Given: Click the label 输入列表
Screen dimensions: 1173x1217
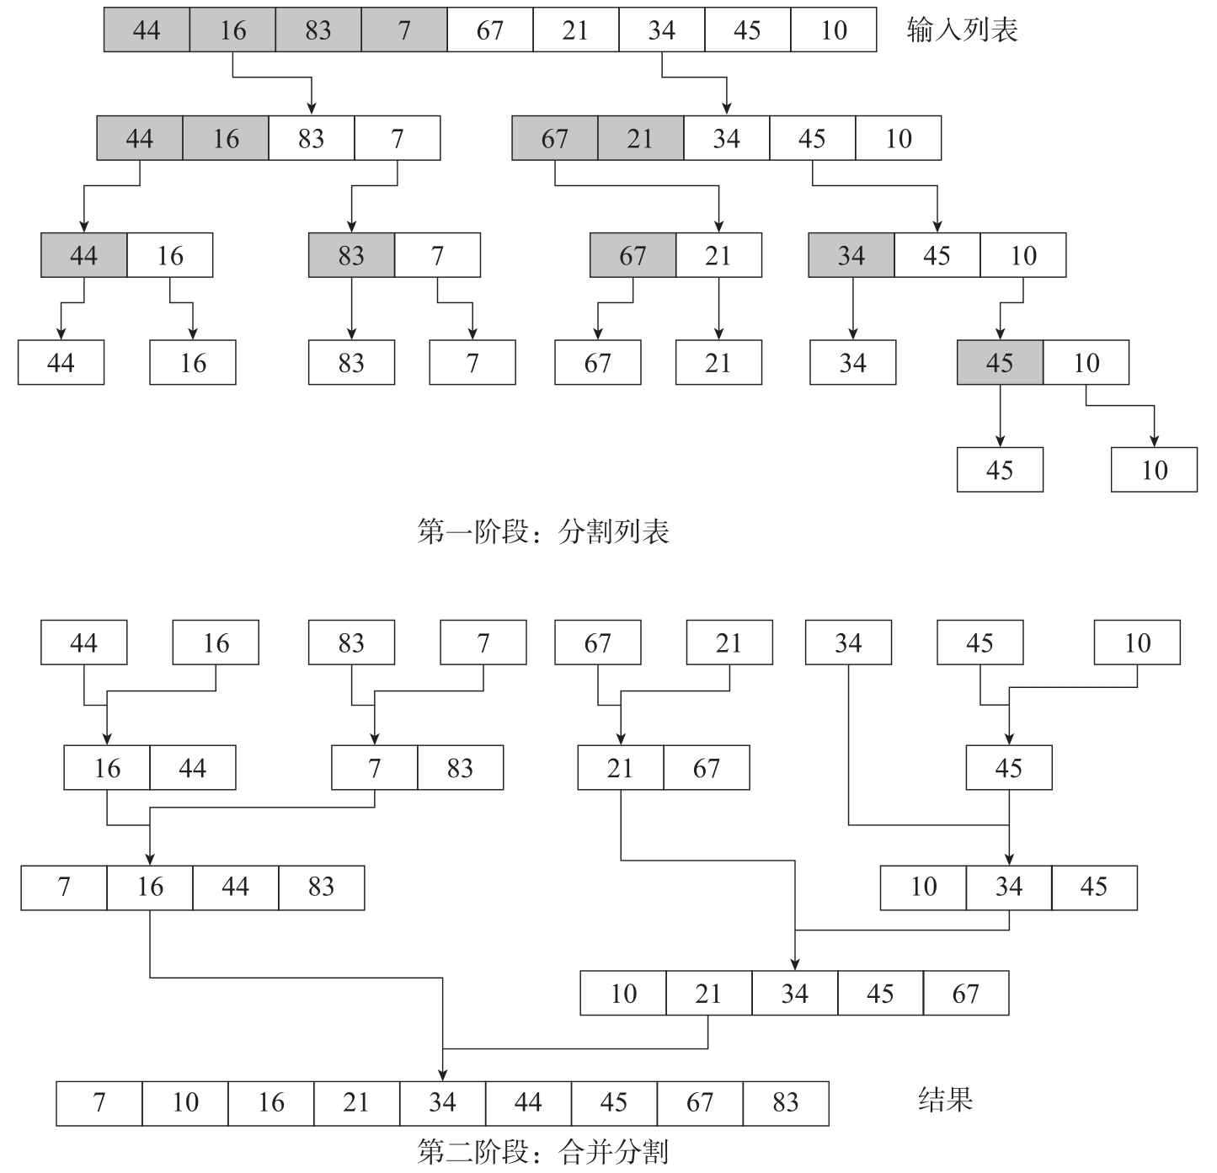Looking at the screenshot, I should coord(962,30).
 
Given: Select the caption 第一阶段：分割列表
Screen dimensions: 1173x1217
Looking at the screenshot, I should coord(543,532).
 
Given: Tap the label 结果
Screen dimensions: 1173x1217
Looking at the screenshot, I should coord(945,1100).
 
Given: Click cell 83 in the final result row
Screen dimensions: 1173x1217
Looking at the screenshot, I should coord(785,1103).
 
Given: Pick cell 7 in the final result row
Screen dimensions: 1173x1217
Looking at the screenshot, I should coord(99,1103).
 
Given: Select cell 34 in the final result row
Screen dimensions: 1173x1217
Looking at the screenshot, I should coord(442,1103).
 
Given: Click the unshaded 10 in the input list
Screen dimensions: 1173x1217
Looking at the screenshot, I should coord(833,30).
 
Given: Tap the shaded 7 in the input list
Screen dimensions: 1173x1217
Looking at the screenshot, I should coord(404,30).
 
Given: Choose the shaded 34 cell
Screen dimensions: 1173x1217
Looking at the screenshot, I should coord(851,256).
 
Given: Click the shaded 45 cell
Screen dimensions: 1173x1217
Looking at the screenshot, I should coord(1000,363).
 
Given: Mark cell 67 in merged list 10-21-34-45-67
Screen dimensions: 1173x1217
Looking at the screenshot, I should coord(965,994).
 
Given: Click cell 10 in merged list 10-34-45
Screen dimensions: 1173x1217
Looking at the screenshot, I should coord(923,887).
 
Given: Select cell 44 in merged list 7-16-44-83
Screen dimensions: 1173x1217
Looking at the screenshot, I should coord(235,887).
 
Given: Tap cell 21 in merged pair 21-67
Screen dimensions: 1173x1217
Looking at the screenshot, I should coord(620,768).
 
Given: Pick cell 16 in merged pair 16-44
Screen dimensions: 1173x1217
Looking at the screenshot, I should coord(107,768).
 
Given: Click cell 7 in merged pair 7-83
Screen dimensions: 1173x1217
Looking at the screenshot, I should coord(374,768).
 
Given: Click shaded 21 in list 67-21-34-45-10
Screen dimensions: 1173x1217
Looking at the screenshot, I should coord(640,139).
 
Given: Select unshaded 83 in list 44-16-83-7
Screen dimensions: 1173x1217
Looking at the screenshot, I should coord(311,139).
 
